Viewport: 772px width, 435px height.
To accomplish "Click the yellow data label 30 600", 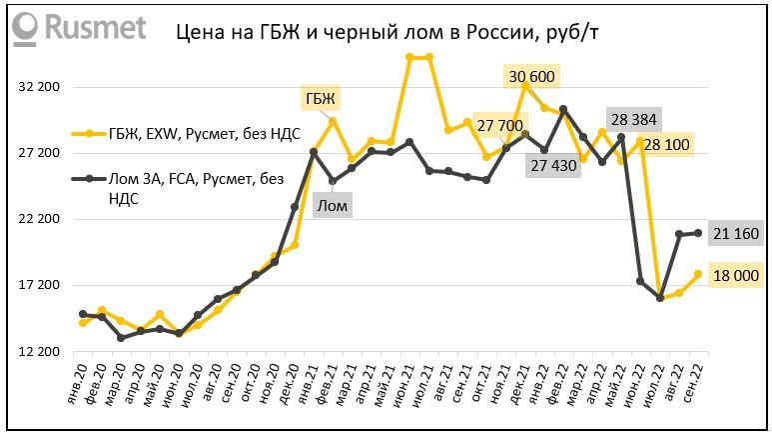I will pos(532,76).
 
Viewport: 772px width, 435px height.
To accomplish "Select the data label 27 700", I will pos(500,126).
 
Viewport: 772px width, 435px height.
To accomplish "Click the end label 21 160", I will pos(736,234).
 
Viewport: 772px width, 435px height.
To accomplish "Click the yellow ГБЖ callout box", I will pos(322,98).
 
